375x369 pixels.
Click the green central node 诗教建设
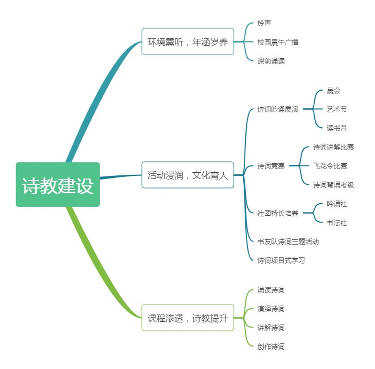[58, 185]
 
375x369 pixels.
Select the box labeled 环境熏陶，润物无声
[188, 42]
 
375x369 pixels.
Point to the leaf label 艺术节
[338, 110]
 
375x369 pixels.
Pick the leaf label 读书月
[338, 129]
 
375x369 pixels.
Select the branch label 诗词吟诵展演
[278, 110]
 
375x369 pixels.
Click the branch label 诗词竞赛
[272, 166]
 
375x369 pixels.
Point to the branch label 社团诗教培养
[278, 214]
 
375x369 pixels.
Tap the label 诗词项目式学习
[282, 260]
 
